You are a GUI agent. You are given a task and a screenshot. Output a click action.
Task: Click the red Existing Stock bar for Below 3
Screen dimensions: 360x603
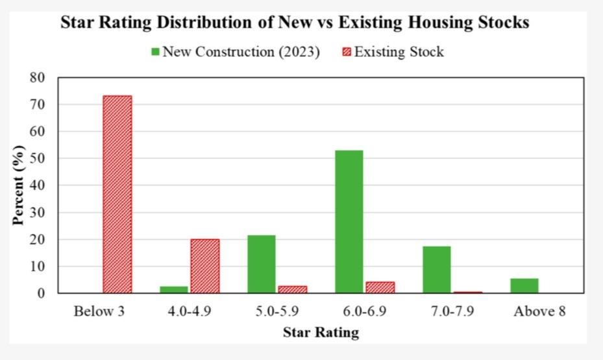pyautogui.click(x=117, y=194)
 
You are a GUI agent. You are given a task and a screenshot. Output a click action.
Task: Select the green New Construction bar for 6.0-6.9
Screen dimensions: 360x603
pyautogui.click(x=349, y=221)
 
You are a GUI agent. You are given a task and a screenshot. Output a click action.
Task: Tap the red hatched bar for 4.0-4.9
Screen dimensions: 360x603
pyautogui.click(x=204, y=266)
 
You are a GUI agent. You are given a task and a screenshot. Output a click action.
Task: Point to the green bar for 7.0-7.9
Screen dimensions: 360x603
pyautogui.click(x=436, y=269)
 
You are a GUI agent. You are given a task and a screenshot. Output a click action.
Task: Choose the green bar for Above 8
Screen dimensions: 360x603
pyautogui.click(x=524, y=285)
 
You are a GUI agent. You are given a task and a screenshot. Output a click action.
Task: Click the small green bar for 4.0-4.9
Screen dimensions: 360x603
pyautogui.click(x=174, y=289)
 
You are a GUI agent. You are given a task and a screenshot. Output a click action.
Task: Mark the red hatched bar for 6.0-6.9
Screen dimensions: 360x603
pyautogui.click(x=380, y=287)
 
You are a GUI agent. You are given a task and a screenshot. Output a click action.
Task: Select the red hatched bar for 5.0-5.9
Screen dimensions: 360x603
pyautogui.click(x=292, y=289)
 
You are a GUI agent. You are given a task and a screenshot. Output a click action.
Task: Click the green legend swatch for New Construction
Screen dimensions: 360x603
pyautogui.click(x=155, y=52)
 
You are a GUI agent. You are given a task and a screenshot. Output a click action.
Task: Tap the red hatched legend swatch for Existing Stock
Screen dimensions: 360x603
pyautogui.click(x=347, y=52)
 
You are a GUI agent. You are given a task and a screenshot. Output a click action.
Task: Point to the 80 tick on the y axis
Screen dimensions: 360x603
pyautogui.click(x=38, y=77)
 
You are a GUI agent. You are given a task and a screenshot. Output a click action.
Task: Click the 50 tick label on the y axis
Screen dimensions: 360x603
pyautogui.click(x=38, y=158)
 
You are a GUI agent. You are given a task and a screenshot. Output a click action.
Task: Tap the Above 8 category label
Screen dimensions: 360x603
pyautogui.click(x=539, y=311)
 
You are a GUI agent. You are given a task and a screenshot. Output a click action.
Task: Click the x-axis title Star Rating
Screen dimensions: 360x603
pyautogui.click(x=321, y=333)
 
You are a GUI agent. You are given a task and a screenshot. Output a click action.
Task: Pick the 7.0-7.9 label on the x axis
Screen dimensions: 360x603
pyautogui.click(x=452, y=311)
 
